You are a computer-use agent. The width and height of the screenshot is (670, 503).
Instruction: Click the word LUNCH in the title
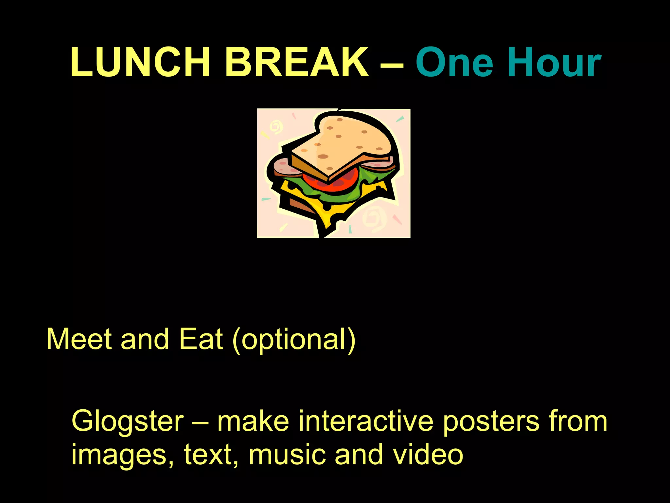pos(140,62)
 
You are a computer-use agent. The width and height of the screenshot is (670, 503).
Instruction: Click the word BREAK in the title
pos(297,62)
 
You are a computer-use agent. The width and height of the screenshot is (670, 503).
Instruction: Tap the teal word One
pos(454,62)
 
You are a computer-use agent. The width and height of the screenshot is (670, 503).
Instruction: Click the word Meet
pos(79,339)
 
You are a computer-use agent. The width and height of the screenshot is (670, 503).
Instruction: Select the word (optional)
pos(293,341)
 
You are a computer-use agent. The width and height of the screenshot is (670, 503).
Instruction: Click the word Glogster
pos(128,422)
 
